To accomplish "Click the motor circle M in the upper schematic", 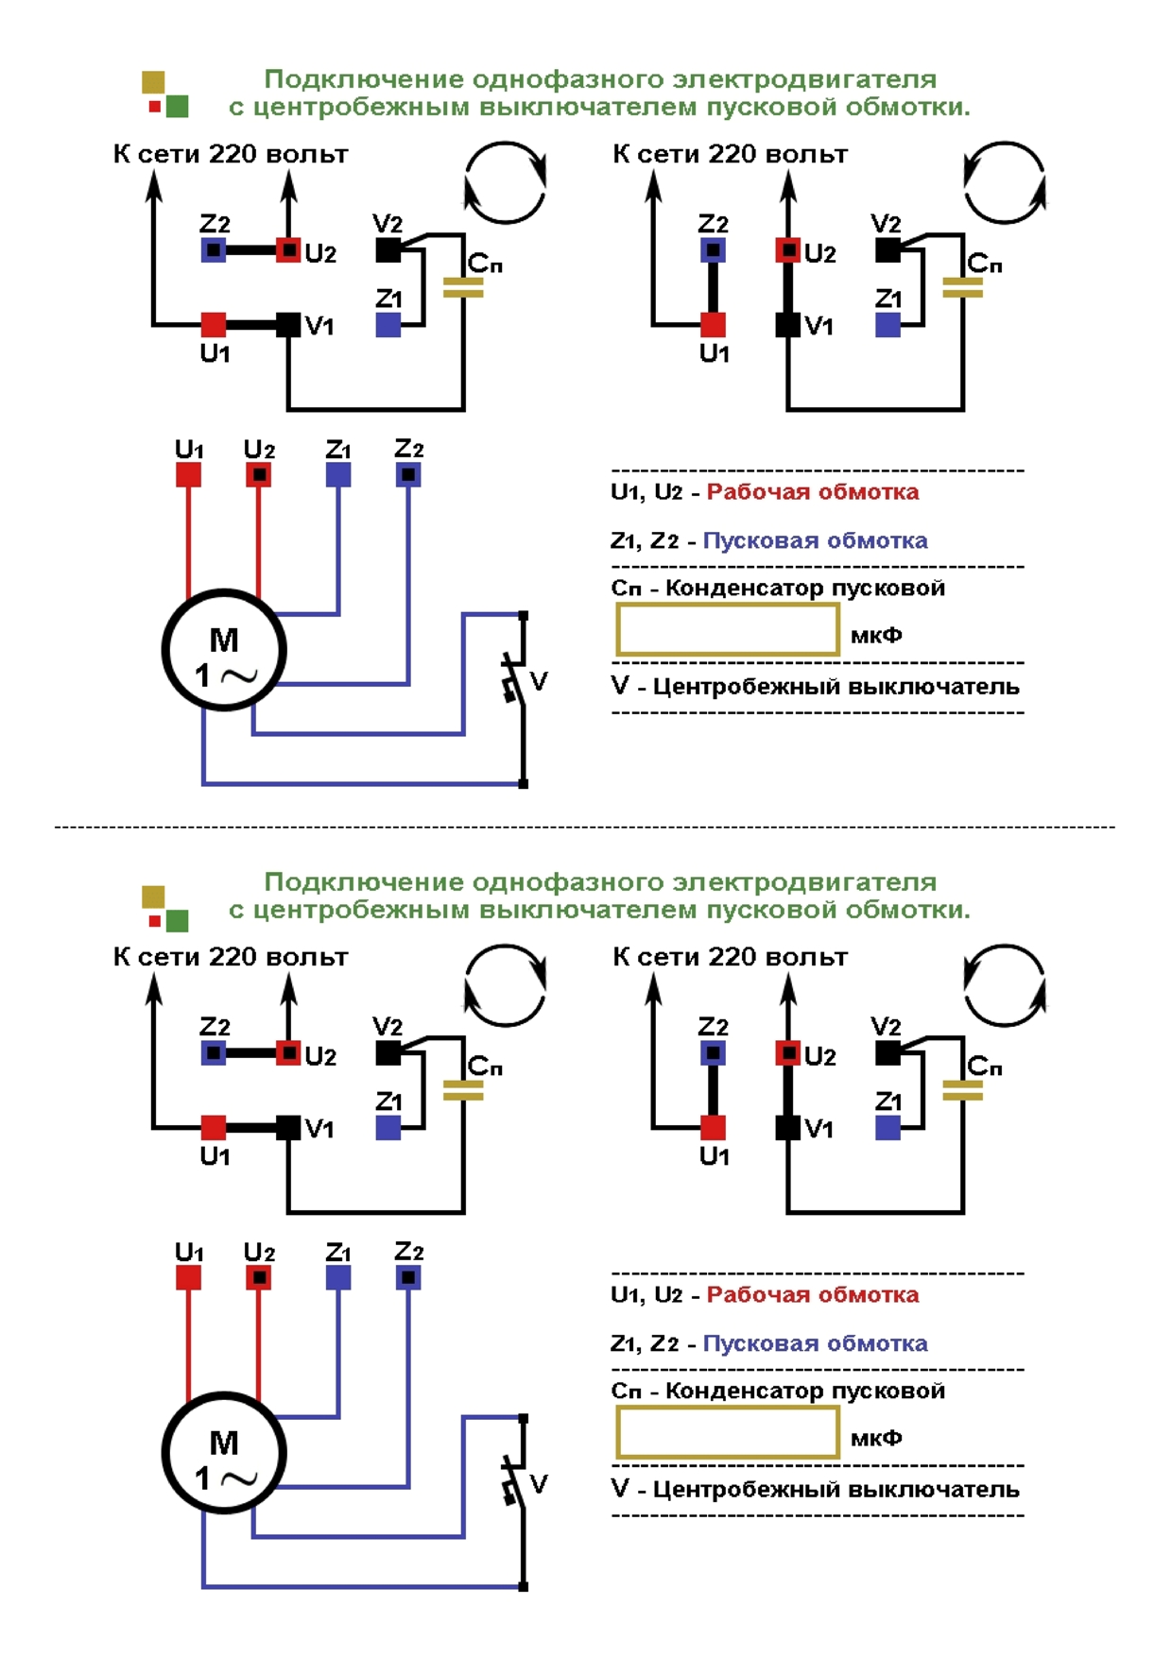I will click(x=224, y=650).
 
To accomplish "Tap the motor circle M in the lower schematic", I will click(x=224, y=1453).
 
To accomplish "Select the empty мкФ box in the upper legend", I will click(x=727, y=629).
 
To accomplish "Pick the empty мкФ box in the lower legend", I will click(x=727, y=1432).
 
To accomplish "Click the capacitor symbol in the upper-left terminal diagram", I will click(x=463, y=287).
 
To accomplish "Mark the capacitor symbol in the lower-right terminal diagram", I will click(x=962, y=1090).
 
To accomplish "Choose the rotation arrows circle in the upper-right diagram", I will click(x=1005, y=182).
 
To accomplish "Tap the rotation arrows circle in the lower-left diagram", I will click(x=506, y=985).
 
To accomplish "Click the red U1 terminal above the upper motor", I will click(x=189, y=474).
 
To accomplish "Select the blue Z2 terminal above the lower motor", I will click(x=408, y=1277).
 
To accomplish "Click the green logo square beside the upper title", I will click(x=177, y=106).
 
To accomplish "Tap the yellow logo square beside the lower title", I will click(x=153, y=896).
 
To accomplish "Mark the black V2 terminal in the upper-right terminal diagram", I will click(x=888, y=250).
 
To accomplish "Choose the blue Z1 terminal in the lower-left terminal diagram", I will click(x=388, y=1127).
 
